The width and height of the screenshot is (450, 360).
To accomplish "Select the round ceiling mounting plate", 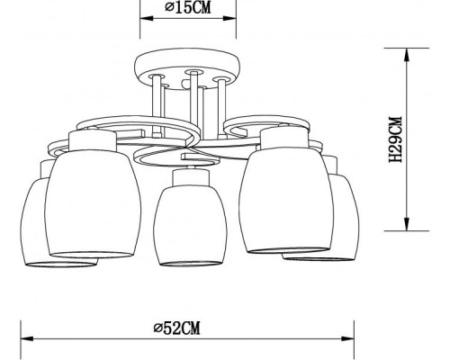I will (x=188, y=67).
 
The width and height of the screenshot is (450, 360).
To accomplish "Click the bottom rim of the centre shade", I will (x=188, y=265).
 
